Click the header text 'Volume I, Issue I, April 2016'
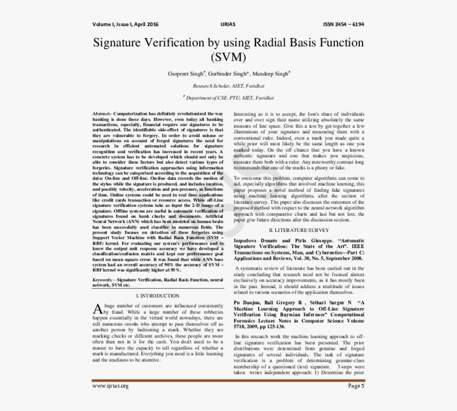(x=125, y=24)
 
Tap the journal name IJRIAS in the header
(x=228, y=24)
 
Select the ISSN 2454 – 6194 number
(x=343, y=24)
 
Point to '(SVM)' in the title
(x=228, y=56)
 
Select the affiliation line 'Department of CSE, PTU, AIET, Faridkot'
(x=230, y=98)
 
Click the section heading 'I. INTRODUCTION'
(x=158, y=295)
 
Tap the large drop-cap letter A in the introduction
(x=97, y=309)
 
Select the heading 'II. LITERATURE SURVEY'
(x=299, y=230)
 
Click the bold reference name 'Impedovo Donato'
(x=256, y=241)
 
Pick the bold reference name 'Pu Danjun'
(x=250, y=302)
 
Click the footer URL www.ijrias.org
(x=111, y=386)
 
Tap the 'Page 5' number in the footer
(x=356, y=386)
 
